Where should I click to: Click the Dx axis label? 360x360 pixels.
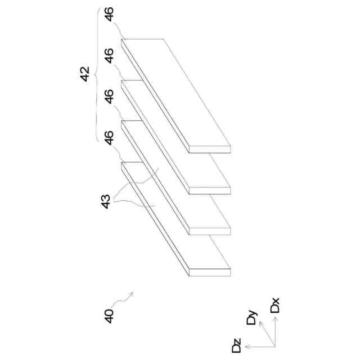pyautogui.click(x=275, y=307)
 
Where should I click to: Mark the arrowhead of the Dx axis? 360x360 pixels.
pyautogui.click(x=275, y=316)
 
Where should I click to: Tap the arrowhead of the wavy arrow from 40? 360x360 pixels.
pyautogui.click(x=133, y=293)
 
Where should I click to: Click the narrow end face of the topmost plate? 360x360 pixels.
pyautogui.click(x=210, y=149)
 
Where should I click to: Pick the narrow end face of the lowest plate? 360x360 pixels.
pyautogui.click(x=210, y=272)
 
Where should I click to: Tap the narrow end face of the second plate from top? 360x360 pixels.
pyautogui.click(x=210, y=190)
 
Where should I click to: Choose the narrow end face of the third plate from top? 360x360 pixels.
pyautogui.click(x=210, y=231)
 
